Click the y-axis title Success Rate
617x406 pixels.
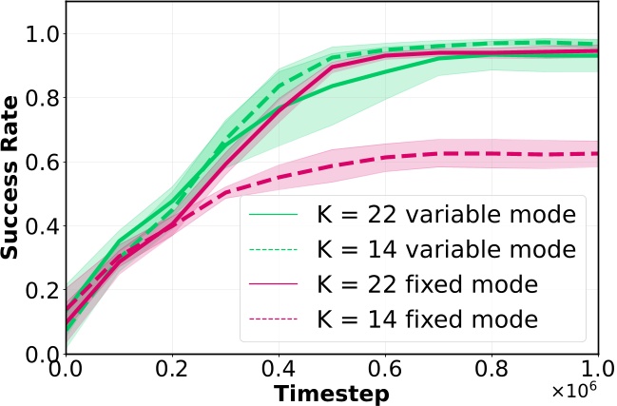click(x=13, y=181)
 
